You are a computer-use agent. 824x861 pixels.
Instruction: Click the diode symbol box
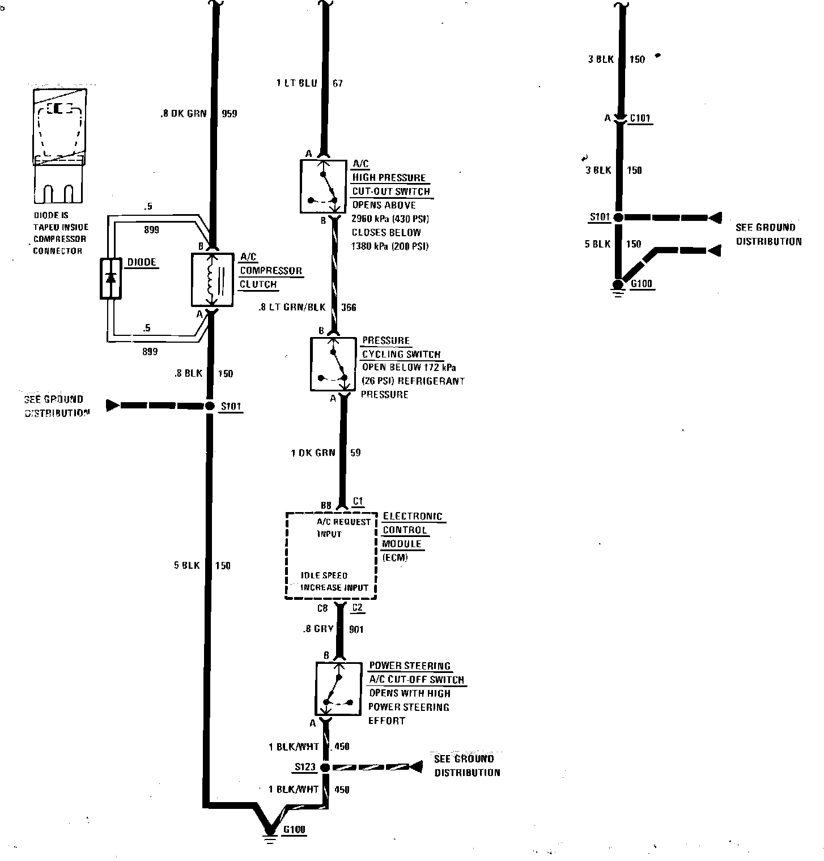pos(111,278)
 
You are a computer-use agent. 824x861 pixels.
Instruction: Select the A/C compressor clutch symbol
pos(213,280)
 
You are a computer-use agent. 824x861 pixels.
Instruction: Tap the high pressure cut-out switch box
pos(323,186)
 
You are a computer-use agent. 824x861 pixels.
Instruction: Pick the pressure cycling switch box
pos(333,364)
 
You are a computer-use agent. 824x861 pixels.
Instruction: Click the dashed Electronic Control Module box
pos(331,555)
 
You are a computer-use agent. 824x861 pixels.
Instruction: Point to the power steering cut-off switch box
pos(338,689)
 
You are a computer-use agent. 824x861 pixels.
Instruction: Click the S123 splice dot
pos(325,768)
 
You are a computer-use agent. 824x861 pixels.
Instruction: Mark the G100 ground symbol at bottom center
pos(270,831)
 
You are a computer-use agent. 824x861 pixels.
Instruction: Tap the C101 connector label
pos(640,119)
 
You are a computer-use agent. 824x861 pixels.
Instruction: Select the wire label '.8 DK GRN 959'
pos(198,114)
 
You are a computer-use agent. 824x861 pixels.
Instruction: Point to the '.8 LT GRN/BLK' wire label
pos(292,308)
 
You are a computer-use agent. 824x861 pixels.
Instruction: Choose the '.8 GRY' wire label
pos(318,629)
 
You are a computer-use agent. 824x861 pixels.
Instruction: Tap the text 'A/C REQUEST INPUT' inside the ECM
pos(343,527)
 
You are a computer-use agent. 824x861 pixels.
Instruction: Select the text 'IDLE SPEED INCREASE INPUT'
pos(334,582)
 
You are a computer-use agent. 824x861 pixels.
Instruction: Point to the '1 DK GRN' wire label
pos(313,453)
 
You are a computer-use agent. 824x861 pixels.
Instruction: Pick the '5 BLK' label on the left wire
pos(187,565)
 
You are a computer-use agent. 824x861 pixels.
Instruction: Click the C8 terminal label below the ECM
pos(322,608)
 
